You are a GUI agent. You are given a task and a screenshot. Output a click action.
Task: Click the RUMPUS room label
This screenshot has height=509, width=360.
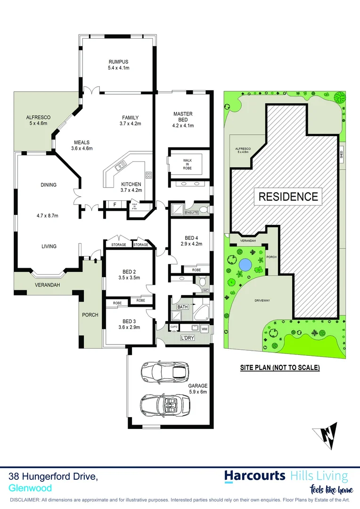(118, 62)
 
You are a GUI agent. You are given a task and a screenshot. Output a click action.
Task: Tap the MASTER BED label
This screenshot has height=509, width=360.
(183, 114)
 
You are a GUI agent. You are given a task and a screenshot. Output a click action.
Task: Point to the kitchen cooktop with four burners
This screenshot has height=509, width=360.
(148, 175)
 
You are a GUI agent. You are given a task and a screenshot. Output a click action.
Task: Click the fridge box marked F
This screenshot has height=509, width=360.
(115, 204)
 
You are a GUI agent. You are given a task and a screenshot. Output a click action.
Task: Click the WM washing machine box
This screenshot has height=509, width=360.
(205, 328)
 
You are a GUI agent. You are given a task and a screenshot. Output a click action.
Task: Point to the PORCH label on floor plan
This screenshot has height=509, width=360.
(90, 315)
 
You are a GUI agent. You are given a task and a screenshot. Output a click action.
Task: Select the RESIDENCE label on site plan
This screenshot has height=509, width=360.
(287, 196)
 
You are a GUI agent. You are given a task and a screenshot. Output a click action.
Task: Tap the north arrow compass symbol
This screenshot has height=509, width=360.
(326, 433)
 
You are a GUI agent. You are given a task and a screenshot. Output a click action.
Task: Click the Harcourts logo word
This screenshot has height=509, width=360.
(254, 476)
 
